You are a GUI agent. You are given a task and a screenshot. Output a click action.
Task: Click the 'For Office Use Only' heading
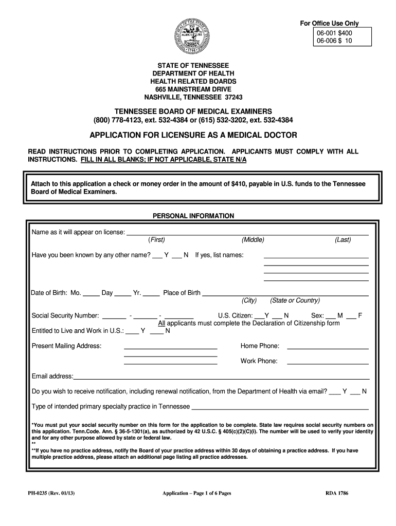coord(329,23)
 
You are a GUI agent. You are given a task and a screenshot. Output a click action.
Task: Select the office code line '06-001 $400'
coord(334,32)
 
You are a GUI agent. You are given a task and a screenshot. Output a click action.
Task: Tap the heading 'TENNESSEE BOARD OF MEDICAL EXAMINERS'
coord(193,111)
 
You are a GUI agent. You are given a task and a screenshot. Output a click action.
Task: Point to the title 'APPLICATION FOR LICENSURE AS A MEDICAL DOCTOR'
coord(193,135)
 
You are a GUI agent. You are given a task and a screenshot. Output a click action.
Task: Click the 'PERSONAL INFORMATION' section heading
coord(193,216)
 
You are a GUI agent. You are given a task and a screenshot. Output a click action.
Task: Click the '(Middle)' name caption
coord(253,240)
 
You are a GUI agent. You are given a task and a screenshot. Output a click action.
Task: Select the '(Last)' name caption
coord(343,240)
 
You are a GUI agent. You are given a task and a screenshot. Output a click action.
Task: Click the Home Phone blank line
coord(328,348)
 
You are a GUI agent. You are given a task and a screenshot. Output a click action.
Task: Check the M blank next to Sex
coord(330,318)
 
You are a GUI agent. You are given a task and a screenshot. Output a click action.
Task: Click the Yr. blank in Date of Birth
coord(151,295)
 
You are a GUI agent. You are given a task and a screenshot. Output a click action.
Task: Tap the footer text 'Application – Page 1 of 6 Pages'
coord(196,493)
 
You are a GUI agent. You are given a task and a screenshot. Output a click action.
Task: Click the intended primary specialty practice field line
coord(280,409)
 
